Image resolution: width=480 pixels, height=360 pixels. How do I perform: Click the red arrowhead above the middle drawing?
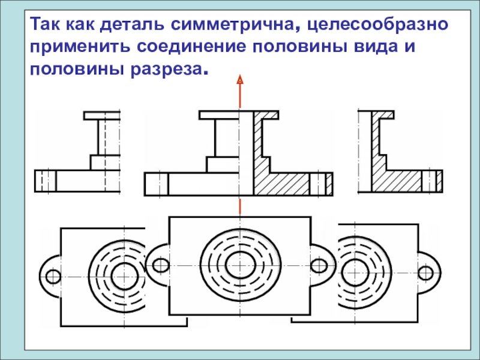tap(239, 79)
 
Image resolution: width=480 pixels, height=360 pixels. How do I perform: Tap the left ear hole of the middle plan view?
tap(161, 265)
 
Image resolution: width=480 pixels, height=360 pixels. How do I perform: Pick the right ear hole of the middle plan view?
tap(319, 265)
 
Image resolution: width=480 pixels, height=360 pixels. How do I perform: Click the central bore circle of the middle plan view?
tap(240, 261)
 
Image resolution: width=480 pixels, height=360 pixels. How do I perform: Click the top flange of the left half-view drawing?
tap(102, 115)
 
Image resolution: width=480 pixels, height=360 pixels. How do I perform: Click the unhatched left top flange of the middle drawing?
tap(219, 114)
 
